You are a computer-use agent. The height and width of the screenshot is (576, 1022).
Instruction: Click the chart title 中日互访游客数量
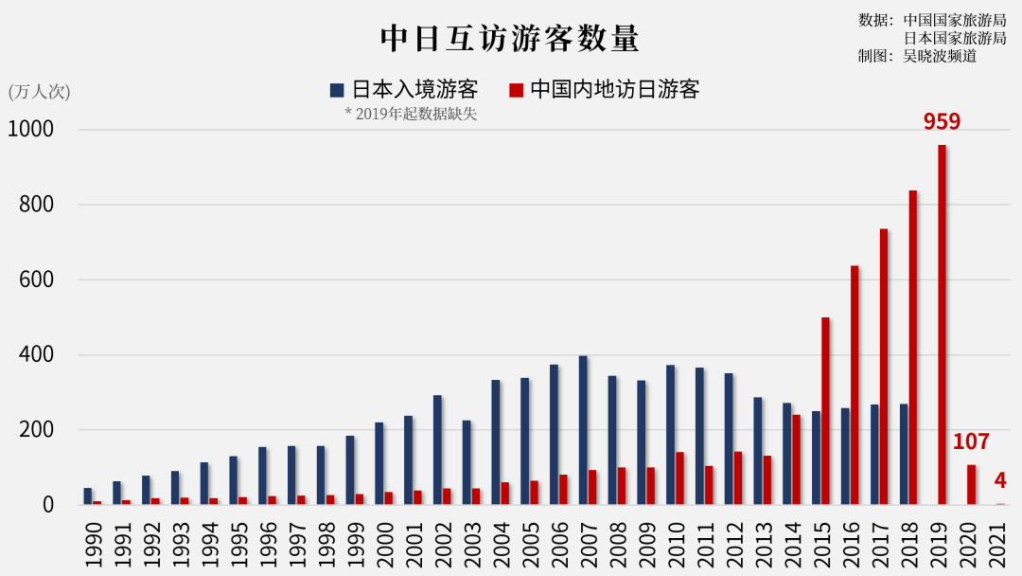pyautogui.click(x=510, y=39)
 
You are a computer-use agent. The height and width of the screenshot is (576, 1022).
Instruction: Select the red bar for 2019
pyautogui.click(x=942, y=325)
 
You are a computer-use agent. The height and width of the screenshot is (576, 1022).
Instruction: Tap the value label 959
pyautogui.click(x=942, y=121)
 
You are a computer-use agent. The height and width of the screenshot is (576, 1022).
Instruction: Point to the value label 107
pyautogui.click(x=971, y=441)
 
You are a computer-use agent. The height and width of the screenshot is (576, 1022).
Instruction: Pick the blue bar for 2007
pyautogui.click(x=583, y=430)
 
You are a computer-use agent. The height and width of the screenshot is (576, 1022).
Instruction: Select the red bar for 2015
pyautogui.click(x=825, y=411)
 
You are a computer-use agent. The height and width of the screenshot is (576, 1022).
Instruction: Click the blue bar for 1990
pyautogui.click(x=88, y=496)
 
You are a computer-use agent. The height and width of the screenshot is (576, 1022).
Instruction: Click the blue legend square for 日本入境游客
pyautogui.click(x=337, y=90)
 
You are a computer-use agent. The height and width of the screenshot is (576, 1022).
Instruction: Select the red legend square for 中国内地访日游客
pyautogui.click(x=516, y=90)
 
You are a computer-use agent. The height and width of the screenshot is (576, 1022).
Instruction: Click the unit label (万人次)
pyautogui.click(x=39, y=92)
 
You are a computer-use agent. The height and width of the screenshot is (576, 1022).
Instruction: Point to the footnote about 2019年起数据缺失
pyautogui.click(x=411, y=115)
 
